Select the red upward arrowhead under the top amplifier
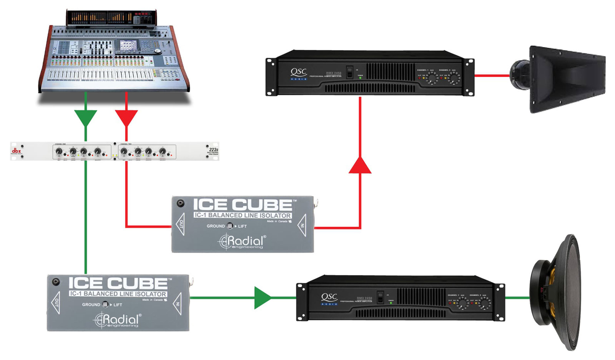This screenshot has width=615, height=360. [x=360, y=165]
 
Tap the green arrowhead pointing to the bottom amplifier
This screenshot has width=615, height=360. [x=263, y=297]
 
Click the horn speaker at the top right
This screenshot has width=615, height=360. [x=560, y=79]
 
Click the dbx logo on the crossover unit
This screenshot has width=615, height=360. [x=16, y=151]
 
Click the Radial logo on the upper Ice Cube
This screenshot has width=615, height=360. [x=242, y=242]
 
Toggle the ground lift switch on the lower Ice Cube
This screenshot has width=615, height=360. [x=105, y=305]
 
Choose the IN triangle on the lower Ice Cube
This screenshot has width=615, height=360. [x=178, y=303]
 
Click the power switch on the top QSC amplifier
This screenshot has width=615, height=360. [x=349, y=72]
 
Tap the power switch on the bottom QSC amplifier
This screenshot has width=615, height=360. [x=380, y=297]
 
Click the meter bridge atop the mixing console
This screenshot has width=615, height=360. [x=111, y=18]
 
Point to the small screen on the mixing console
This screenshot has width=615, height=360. [x=128, y=46]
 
